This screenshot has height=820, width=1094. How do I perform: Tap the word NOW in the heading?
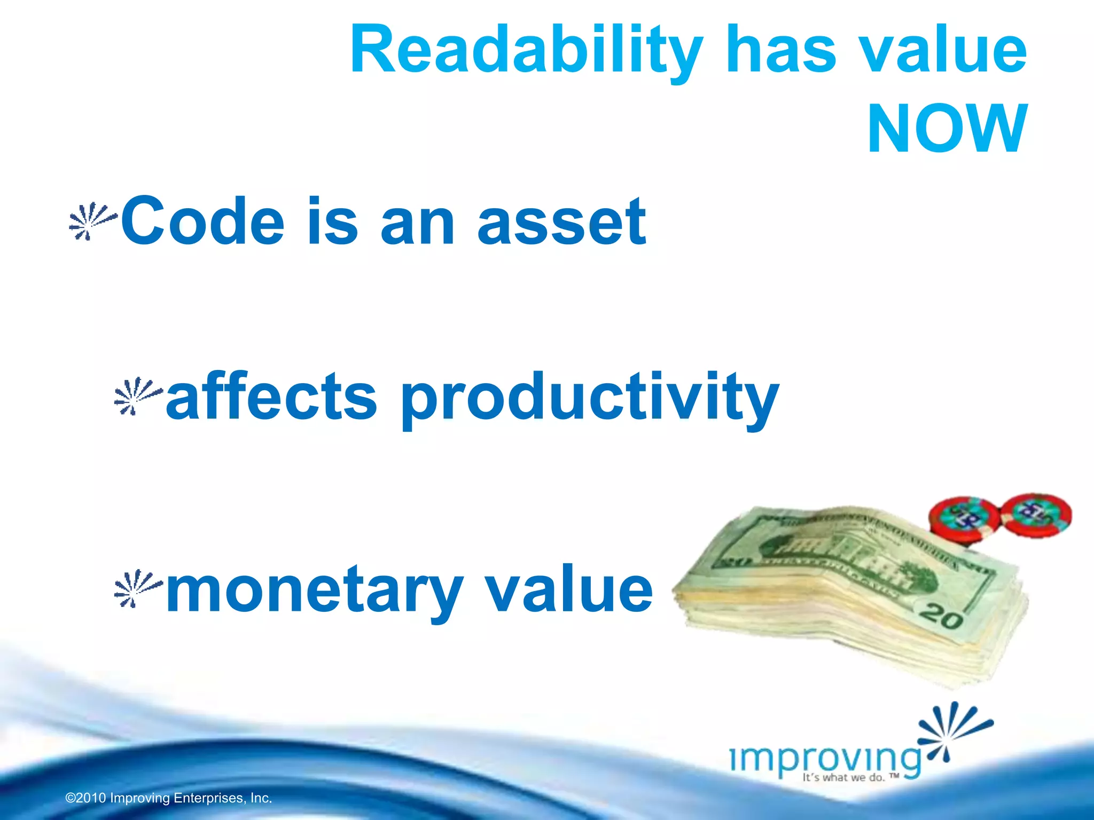point(947,129)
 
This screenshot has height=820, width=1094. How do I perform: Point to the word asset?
point(561,222)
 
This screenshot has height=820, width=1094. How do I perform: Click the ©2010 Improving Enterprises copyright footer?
point(169,798)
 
